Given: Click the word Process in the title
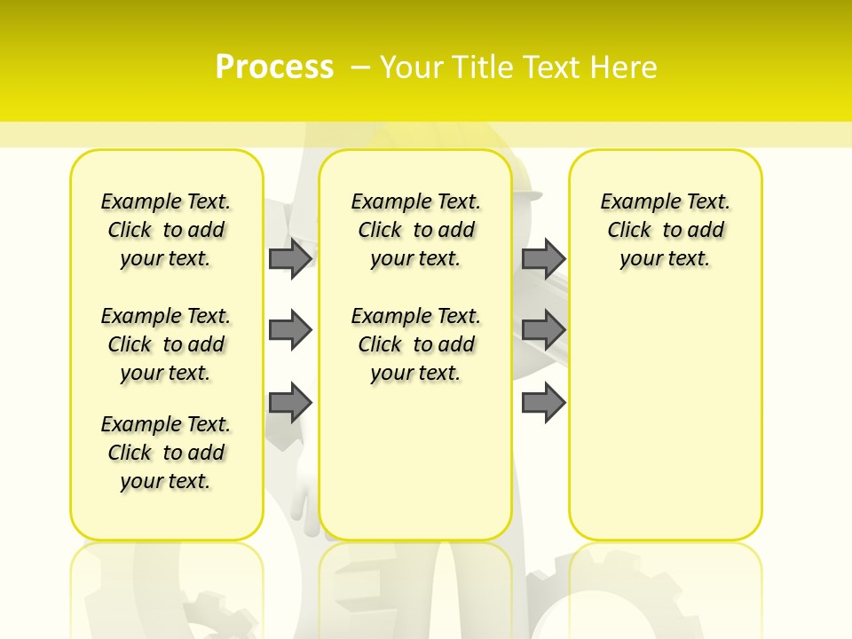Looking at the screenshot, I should tap(274, 67).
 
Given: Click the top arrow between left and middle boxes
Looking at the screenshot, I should tap(290, 258).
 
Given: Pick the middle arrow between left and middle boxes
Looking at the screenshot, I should tap(290, 330).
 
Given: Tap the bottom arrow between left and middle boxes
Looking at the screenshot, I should tap(290, 403).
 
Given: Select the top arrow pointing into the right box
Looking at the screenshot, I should tap(543, 258).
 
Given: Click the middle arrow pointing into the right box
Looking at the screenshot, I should tap(543, 330).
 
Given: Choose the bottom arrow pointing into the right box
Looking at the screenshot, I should tap(543, 403).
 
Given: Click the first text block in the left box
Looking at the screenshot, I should tap(166, 230).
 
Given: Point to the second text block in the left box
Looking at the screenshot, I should tap(166, 344).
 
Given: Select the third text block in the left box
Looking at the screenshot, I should tap(166, 453).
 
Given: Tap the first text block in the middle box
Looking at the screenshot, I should tap(415, 230).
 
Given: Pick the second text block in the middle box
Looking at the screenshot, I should tap(415, 344).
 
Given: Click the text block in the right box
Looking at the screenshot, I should tap(665, 230).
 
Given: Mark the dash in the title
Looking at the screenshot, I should tap(360, 67).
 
